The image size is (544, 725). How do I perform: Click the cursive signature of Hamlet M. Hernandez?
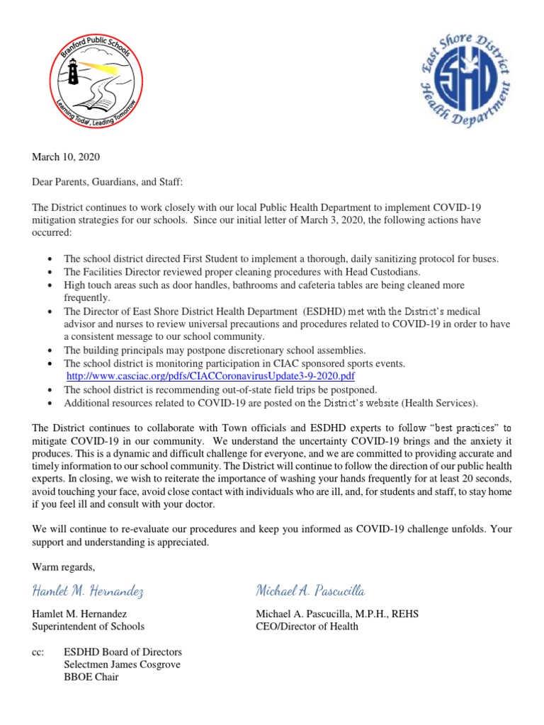click(x=89, y=590)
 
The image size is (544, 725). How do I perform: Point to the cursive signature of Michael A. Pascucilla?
click(x=310, y=590)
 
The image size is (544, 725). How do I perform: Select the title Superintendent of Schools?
click(x=89, y=626)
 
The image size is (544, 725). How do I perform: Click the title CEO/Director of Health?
click(x=307, y=626)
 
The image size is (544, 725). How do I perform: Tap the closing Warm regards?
click(x=63, y=567)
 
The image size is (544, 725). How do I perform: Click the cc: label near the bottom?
click(x=38, y=651)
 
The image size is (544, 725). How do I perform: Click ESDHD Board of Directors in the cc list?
click(x=123, y=651)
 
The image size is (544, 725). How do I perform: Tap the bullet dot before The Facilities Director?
click(x=47, y=273)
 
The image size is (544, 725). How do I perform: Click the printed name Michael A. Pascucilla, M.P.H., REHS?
click(x=336, y=614)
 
